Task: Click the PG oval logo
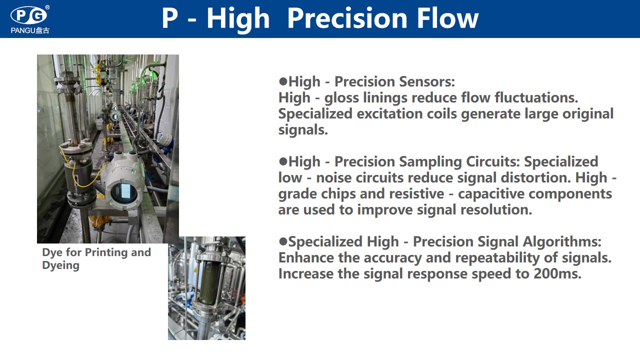point(28,15)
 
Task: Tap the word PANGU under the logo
point(23,30)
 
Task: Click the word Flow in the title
point(447,18)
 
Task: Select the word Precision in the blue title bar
point(347,18)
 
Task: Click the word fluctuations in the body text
point(536,97)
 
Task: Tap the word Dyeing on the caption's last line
point(60,265)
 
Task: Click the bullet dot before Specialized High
point(283,241)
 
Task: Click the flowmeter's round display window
point(124,192)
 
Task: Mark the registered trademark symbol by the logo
point(47,7)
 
